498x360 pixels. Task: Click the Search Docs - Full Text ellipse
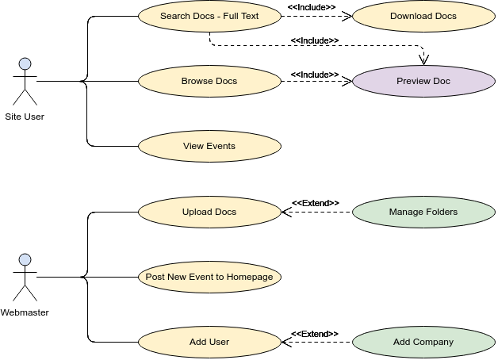point(209,16)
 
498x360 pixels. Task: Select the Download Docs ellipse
point(423,16)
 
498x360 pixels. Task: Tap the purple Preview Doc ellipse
point(423,81)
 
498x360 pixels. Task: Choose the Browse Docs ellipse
point(209,81)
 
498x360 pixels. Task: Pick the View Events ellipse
point(209,146)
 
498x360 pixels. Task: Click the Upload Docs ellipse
point(209,212)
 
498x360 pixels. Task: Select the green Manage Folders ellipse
point(423,212)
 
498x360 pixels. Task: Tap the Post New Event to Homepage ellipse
point(209,277)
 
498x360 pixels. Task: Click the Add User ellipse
point(209,342)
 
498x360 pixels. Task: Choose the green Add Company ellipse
point(423,342)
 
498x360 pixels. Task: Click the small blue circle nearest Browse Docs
point(25,63)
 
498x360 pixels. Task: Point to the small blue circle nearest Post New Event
point(25,259)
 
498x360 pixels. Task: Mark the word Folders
point(441,212)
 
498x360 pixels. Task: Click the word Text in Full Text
point(249,16)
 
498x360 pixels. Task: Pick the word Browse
point(197,81)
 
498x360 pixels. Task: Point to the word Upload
point(197,212)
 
